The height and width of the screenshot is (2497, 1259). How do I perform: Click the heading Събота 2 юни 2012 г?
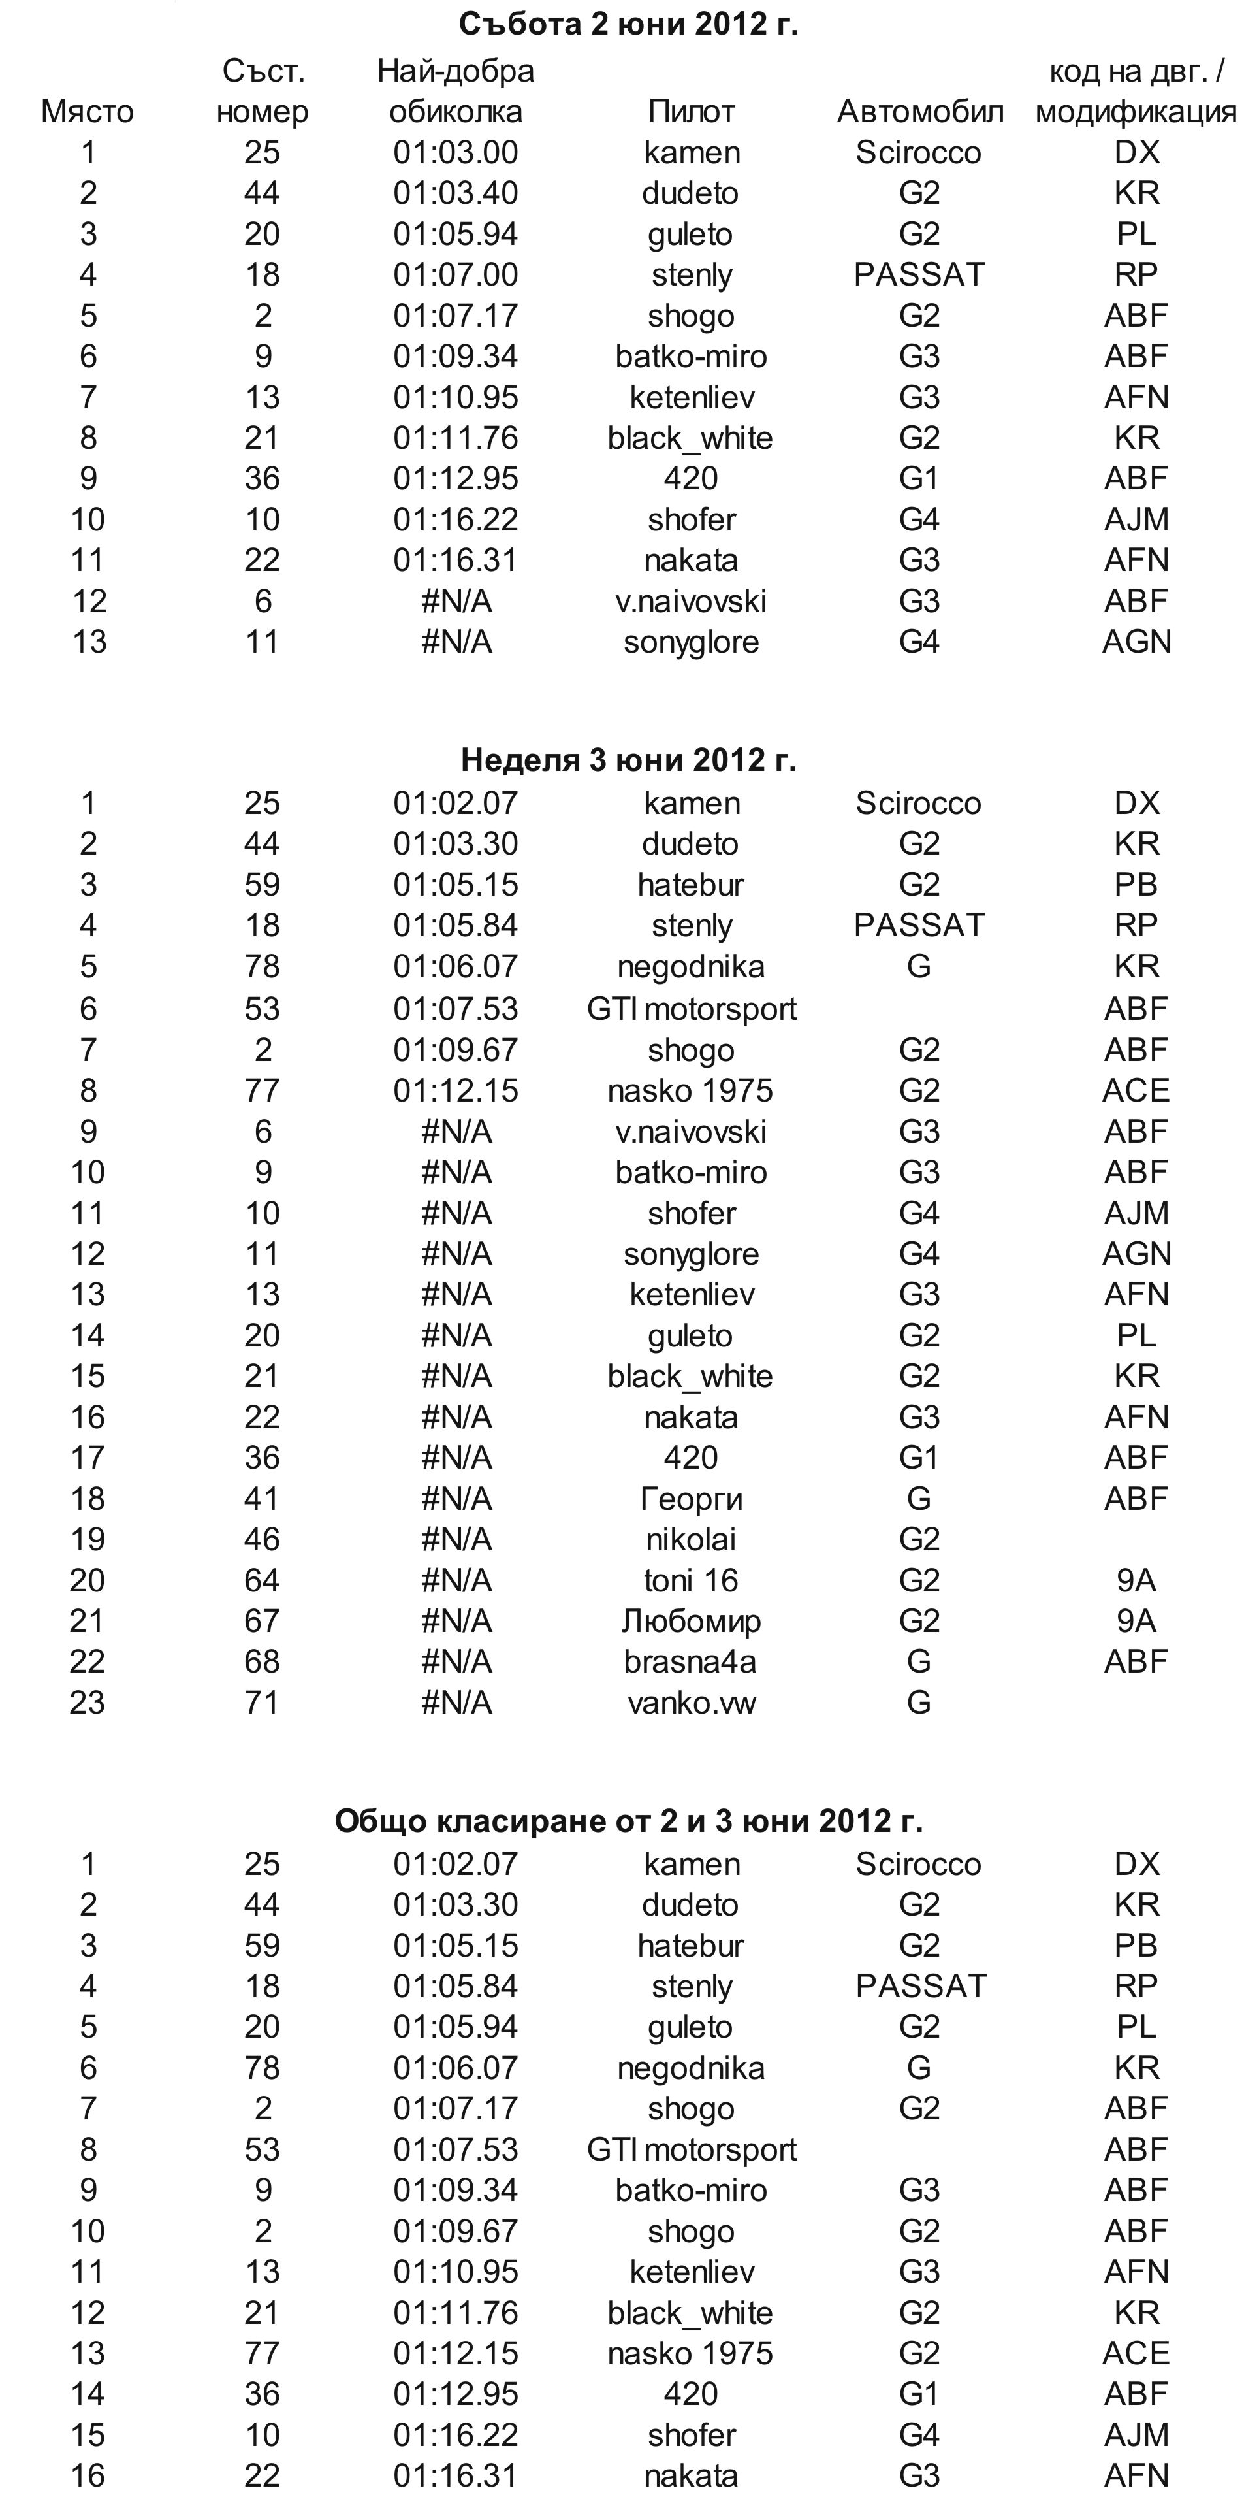pyautogui.click(x=628, y=24)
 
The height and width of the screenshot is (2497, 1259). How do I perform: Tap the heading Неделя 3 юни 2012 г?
pyautogui.click(x=628, y=760)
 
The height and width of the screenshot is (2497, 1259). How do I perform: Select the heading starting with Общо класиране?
pyautogui.click(x=628, y=1821)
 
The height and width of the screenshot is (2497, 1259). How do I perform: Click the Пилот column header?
pyautogui.click(x=691, y=112)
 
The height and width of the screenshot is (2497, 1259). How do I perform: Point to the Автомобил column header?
pyautogui.click(x=919, y=112)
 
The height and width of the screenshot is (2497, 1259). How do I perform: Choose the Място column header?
pyautogui.click(x=88, y=112)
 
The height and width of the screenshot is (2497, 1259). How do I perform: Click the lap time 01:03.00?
pyautogui.click(x=456, y=153)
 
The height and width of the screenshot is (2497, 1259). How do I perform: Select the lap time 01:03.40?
pyautogui.click(x=456, y=194)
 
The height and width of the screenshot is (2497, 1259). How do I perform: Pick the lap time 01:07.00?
pyautogui.click(x=456, y=275)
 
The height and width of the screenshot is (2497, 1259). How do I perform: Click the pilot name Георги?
pyautogui.click(x=691, y=1499)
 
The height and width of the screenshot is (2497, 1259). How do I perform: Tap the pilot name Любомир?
pyautogui.click(x=691, y=1622)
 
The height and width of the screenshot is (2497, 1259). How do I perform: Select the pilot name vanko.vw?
pyautogui.click(x=691, y=1703)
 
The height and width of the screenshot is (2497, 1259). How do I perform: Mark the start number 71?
pyautogui.click(x=262, y=1703)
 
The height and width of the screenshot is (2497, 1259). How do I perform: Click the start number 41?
pyautogui.click(x=262, y=1499)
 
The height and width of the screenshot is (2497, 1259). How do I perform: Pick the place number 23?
pyautogui.click(x=88, y=1703)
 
